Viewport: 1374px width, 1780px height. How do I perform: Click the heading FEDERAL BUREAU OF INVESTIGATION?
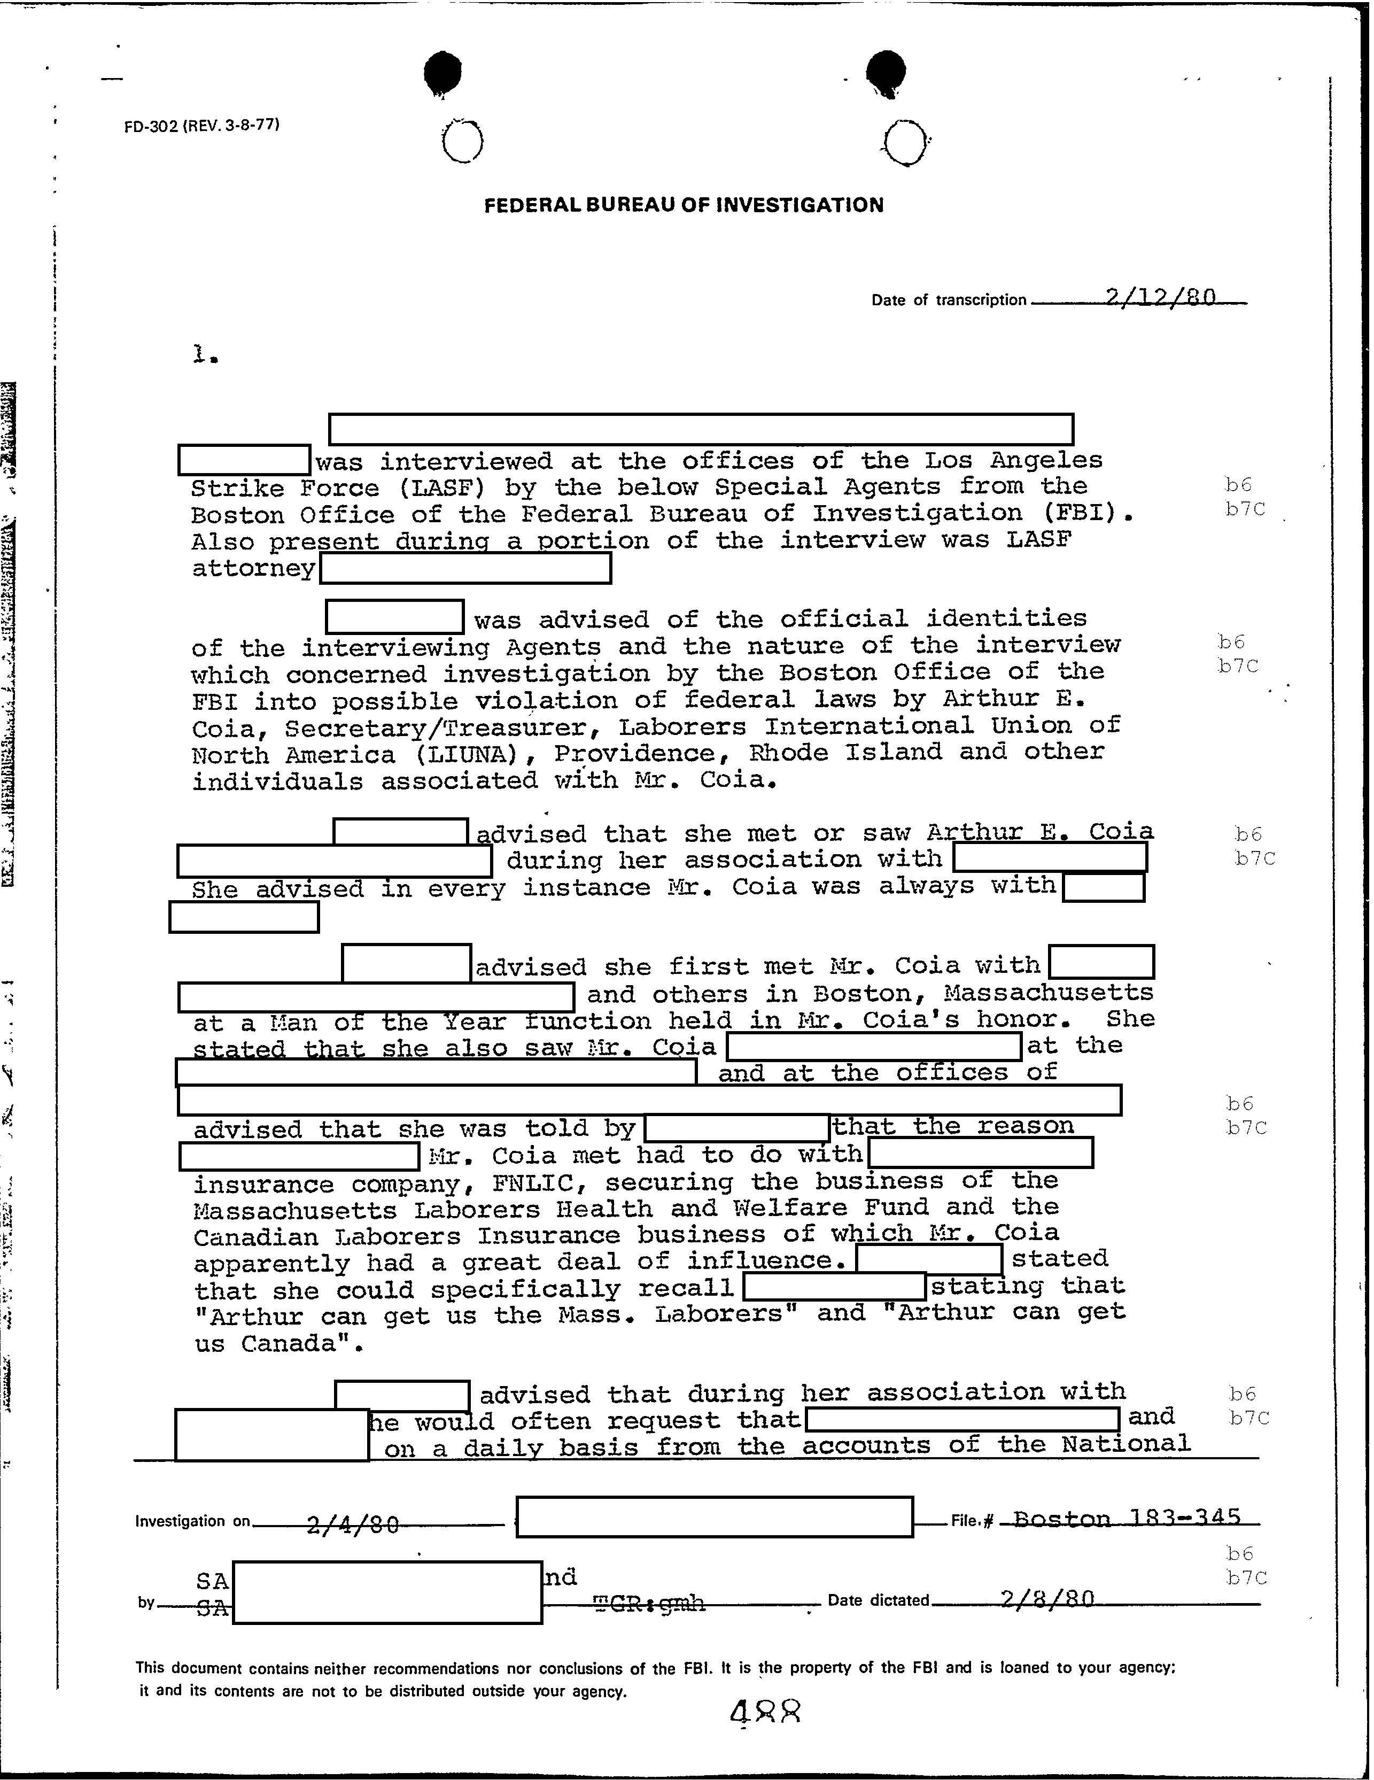[683, 205]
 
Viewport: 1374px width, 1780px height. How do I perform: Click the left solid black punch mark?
[444, 72]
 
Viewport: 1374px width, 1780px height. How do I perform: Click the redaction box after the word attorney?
[465, 569]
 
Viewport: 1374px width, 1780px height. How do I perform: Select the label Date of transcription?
[948, 300]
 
